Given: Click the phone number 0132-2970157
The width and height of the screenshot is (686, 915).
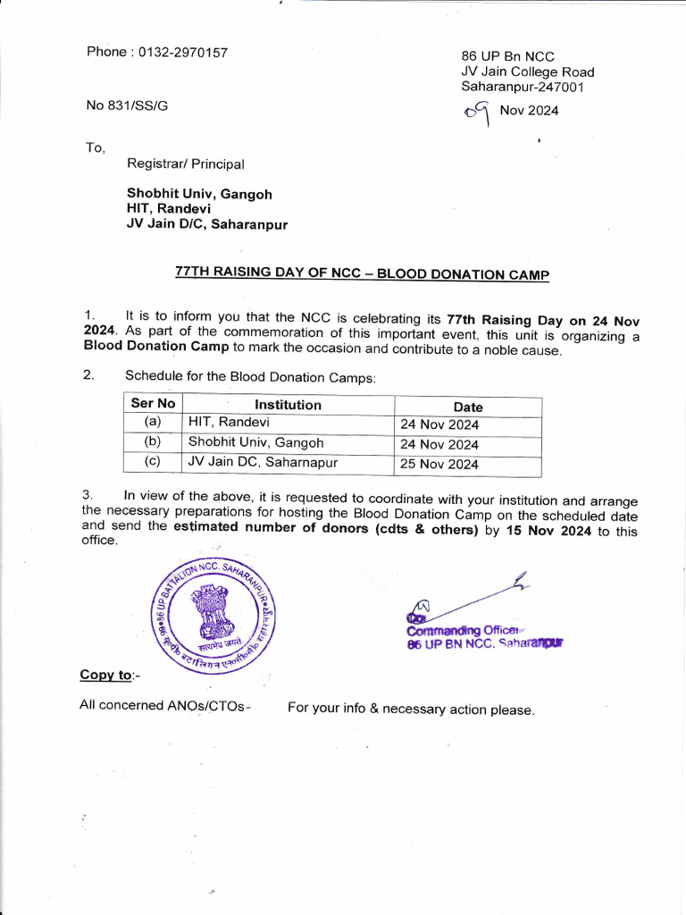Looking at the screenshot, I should [x=183, y=53].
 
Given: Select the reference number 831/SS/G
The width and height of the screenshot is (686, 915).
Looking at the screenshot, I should [x=138, y=105].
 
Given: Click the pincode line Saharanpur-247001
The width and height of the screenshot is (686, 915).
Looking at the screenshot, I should [x=522, y=88].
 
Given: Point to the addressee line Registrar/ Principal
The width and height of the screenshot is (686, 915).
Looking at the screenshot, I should [x=185, y=164].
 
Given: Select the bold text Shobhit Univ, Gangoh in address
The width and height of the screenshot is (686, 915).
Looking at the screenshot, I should [x=199, y=194].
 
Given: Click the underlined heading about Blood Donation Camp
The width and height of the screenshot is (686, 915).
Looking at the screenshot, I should [x=362, y=274].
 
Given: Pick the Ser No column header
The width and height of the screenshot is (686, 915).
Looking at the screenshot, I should [x=154, y=404].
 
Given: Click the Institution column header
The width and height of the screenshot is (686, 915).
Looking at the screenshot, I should [x=288, y=405].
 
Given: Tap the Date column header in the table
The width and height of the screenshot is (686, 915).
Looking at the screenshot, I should [x=468, y=407].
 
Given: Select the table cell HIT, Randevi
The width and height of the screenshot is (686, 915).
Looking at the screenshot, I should [x=229, y=423].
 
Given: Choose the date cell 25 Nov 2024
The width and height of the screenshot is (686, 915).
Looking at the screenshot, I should [x=439, y=465].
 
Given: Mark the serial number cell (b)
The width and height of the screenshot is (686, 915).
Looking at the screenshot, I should [x=153, y=442].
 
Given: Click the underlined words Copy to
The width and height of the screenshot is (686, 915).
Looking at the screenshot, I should [x=106, y=676].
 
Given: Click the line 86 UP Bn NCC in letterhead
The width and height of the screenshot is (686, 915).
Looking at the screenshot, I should [x=507, y=56].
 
